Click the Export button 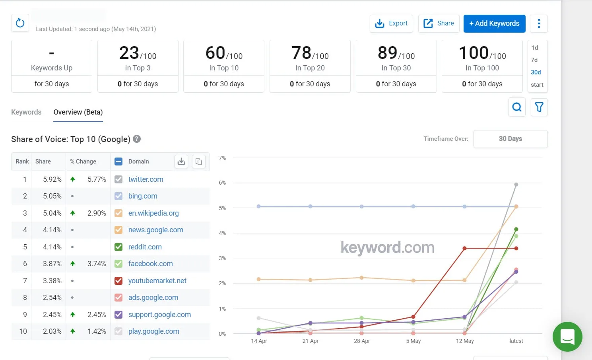click(391, 23)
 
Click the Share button click(439, 23)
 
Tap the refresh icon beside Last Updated click(20, 23)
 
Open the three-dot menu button click(539, 23)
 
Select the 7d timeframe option click(534, 60)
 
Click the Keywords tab click(26, 112)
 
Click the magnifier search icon click(517, 107)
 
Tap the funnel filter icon click(539, 107)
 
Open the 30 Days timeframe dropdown click(510, 139)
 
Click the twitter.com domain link click(146, 179)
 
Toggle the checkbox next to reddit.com click(118, 247)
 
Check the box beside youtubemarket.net click(118, 281)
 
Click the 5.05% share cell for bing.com click(52, 196)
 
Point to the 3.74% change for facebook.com click(97, 264)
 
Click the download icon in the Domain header click(181, 162)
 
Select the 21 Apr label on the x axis click(310, 341)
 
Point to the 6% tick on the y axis click(222, 183)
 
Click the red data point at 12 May click(464, 248)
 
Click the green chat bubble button click(567, 337)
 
